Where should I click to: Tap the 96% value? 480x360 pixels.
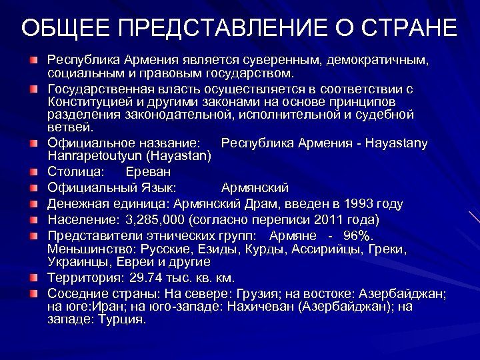coord(358,236)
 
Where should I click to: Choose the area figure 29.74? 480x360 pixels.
coord(141,277)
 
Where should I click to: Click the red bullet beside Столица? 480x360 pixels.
coord(34,172)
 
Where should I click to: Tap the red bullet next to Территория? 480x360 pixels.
coord(34,277)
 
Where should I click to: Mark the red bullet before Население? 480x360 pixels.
coord(34,220)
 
